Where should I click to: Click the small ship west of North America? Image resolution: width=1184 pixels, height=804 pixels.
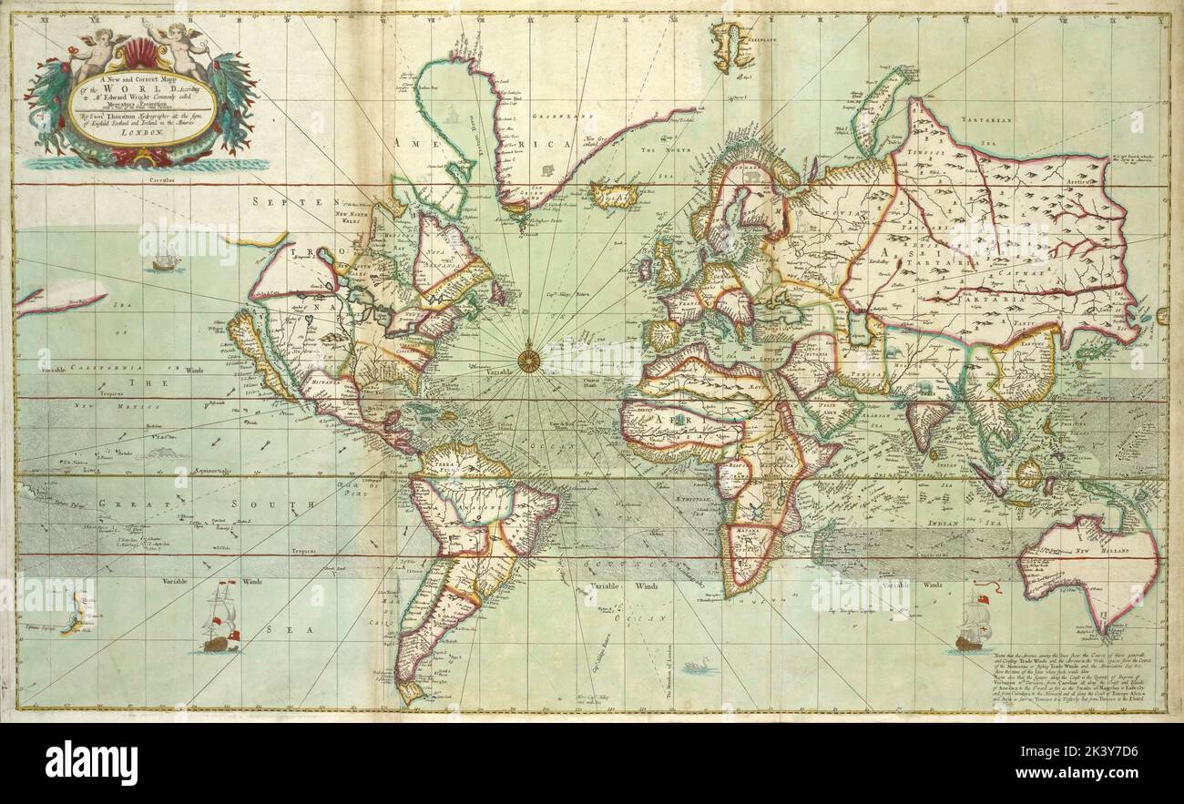point(165,262)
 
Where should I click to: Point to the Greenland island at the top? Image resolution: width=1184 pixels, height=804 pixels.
point(732,46)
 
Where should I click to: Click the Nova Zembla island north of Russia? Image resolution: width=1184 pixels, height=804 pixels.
point(878,109)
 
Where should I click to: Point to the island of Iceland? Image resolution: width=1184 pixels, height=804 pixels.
point(612,194)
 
